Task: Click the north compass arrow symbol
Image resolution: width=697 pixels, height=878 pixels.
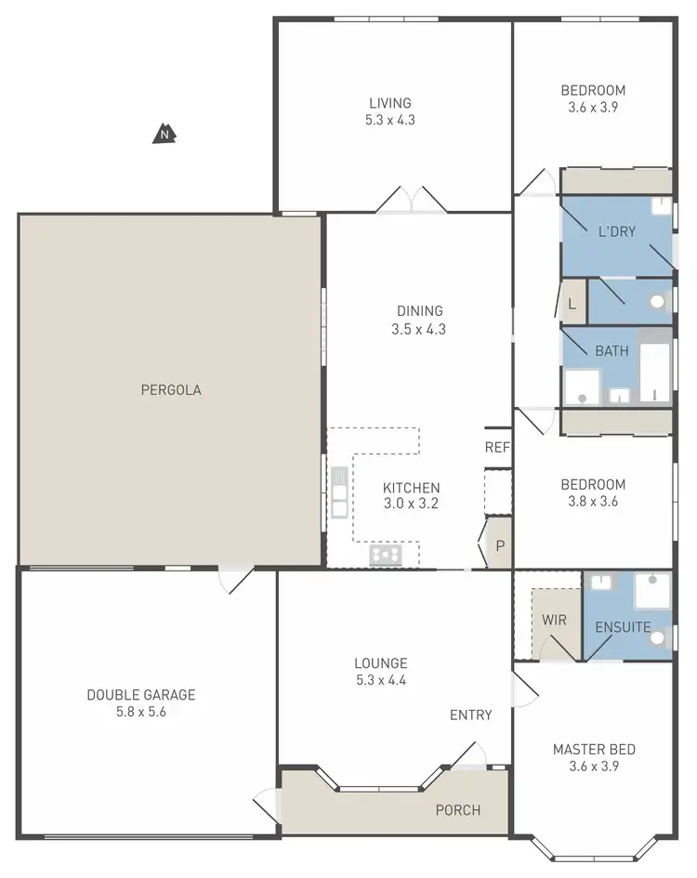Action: tap(164, 135)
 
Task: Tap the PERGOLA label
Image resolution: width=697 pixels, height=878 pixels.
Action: tap(171, 390)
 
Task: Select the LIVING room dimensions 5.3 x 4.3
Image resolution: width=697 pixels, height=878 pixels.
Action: tap(389, 120)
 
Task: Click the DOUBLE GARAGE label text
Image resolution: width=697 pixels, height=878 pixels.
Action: tap(141, 694)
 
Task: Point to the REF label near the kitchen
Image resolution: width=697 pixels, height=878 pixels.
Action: tap(497, 447)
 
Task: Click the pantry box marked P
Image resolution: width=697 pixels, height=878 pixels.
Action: tap(499, 546)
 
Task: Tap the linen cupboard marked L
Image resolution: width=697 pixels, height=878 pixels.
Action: tap(572, 304)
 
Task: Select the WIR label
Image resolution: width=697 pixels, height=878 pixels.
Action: tap(555, 620)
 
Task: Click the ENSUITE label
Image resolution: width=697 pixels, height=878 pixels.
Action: tap(623, 627)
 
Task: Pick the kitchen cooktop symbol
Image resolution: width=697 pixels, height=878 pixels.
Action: tap(386, 555)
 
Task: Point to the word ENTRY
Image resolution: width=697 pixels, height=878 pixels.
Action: tap(470, 714)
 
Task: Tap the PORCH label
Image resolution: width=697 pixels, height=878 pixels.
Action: tap(458, 810)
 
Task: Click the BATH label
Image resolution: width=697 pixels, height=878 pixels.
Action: tap(612, 351)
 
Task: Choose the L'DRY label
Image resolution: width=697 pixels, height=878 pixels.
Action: tap(616, 231)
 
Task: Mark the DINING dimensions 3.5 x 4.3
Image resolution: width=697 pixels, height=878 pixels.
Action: tap(419, 329)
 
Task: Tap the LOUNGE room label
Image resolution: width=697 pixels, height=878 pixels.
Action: tap(380, 663)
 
